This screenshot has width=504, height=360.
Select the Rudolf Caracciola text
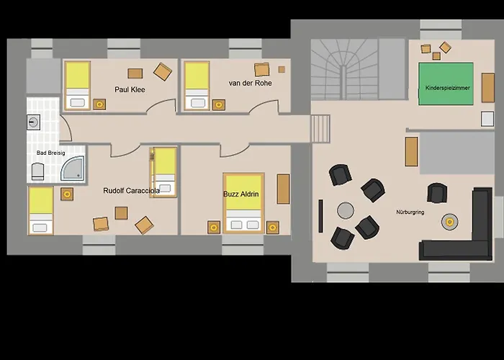[131, 191]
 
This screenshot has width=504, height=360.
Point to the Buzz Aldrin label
[240, 194]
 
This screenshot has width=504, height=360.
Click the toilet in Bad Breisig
[37, 171]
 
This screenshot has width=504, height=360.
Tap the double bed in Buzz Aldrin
[243, 203]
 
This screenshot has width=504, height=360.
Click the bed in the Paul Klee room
[78, 85]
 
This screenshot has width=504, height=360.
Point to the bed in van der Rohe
[197, 85]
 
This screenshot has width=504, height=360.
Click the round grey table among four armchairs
[346, 210]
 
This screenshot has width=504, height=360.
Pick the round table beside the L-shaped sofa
[449, 222]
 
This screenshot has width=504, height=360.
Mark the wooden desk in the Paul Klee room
[135, 72]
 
